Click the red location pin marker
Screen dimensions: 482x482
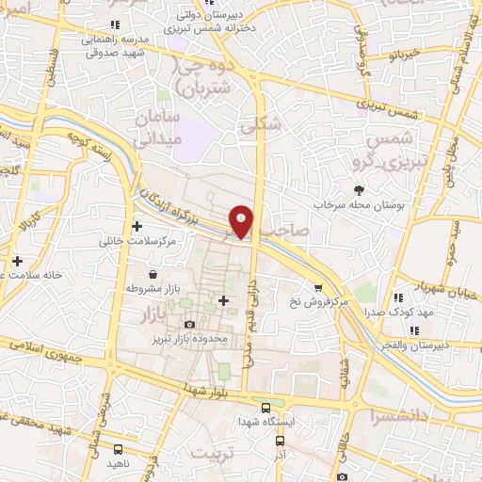[x=242, y=221]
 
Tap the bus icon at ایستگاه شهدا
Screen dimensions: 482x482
[x=266, y=407]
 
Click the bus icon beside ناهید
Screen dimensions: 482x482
[x=118, y=450]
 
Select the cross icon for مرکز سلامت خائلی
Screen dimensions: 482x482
[x=137, y=226]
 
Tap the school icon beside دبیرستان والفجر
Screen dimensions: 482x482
[x=415, y=329]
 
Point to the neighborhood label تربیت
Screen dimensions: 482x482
[x=212, y=454]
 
